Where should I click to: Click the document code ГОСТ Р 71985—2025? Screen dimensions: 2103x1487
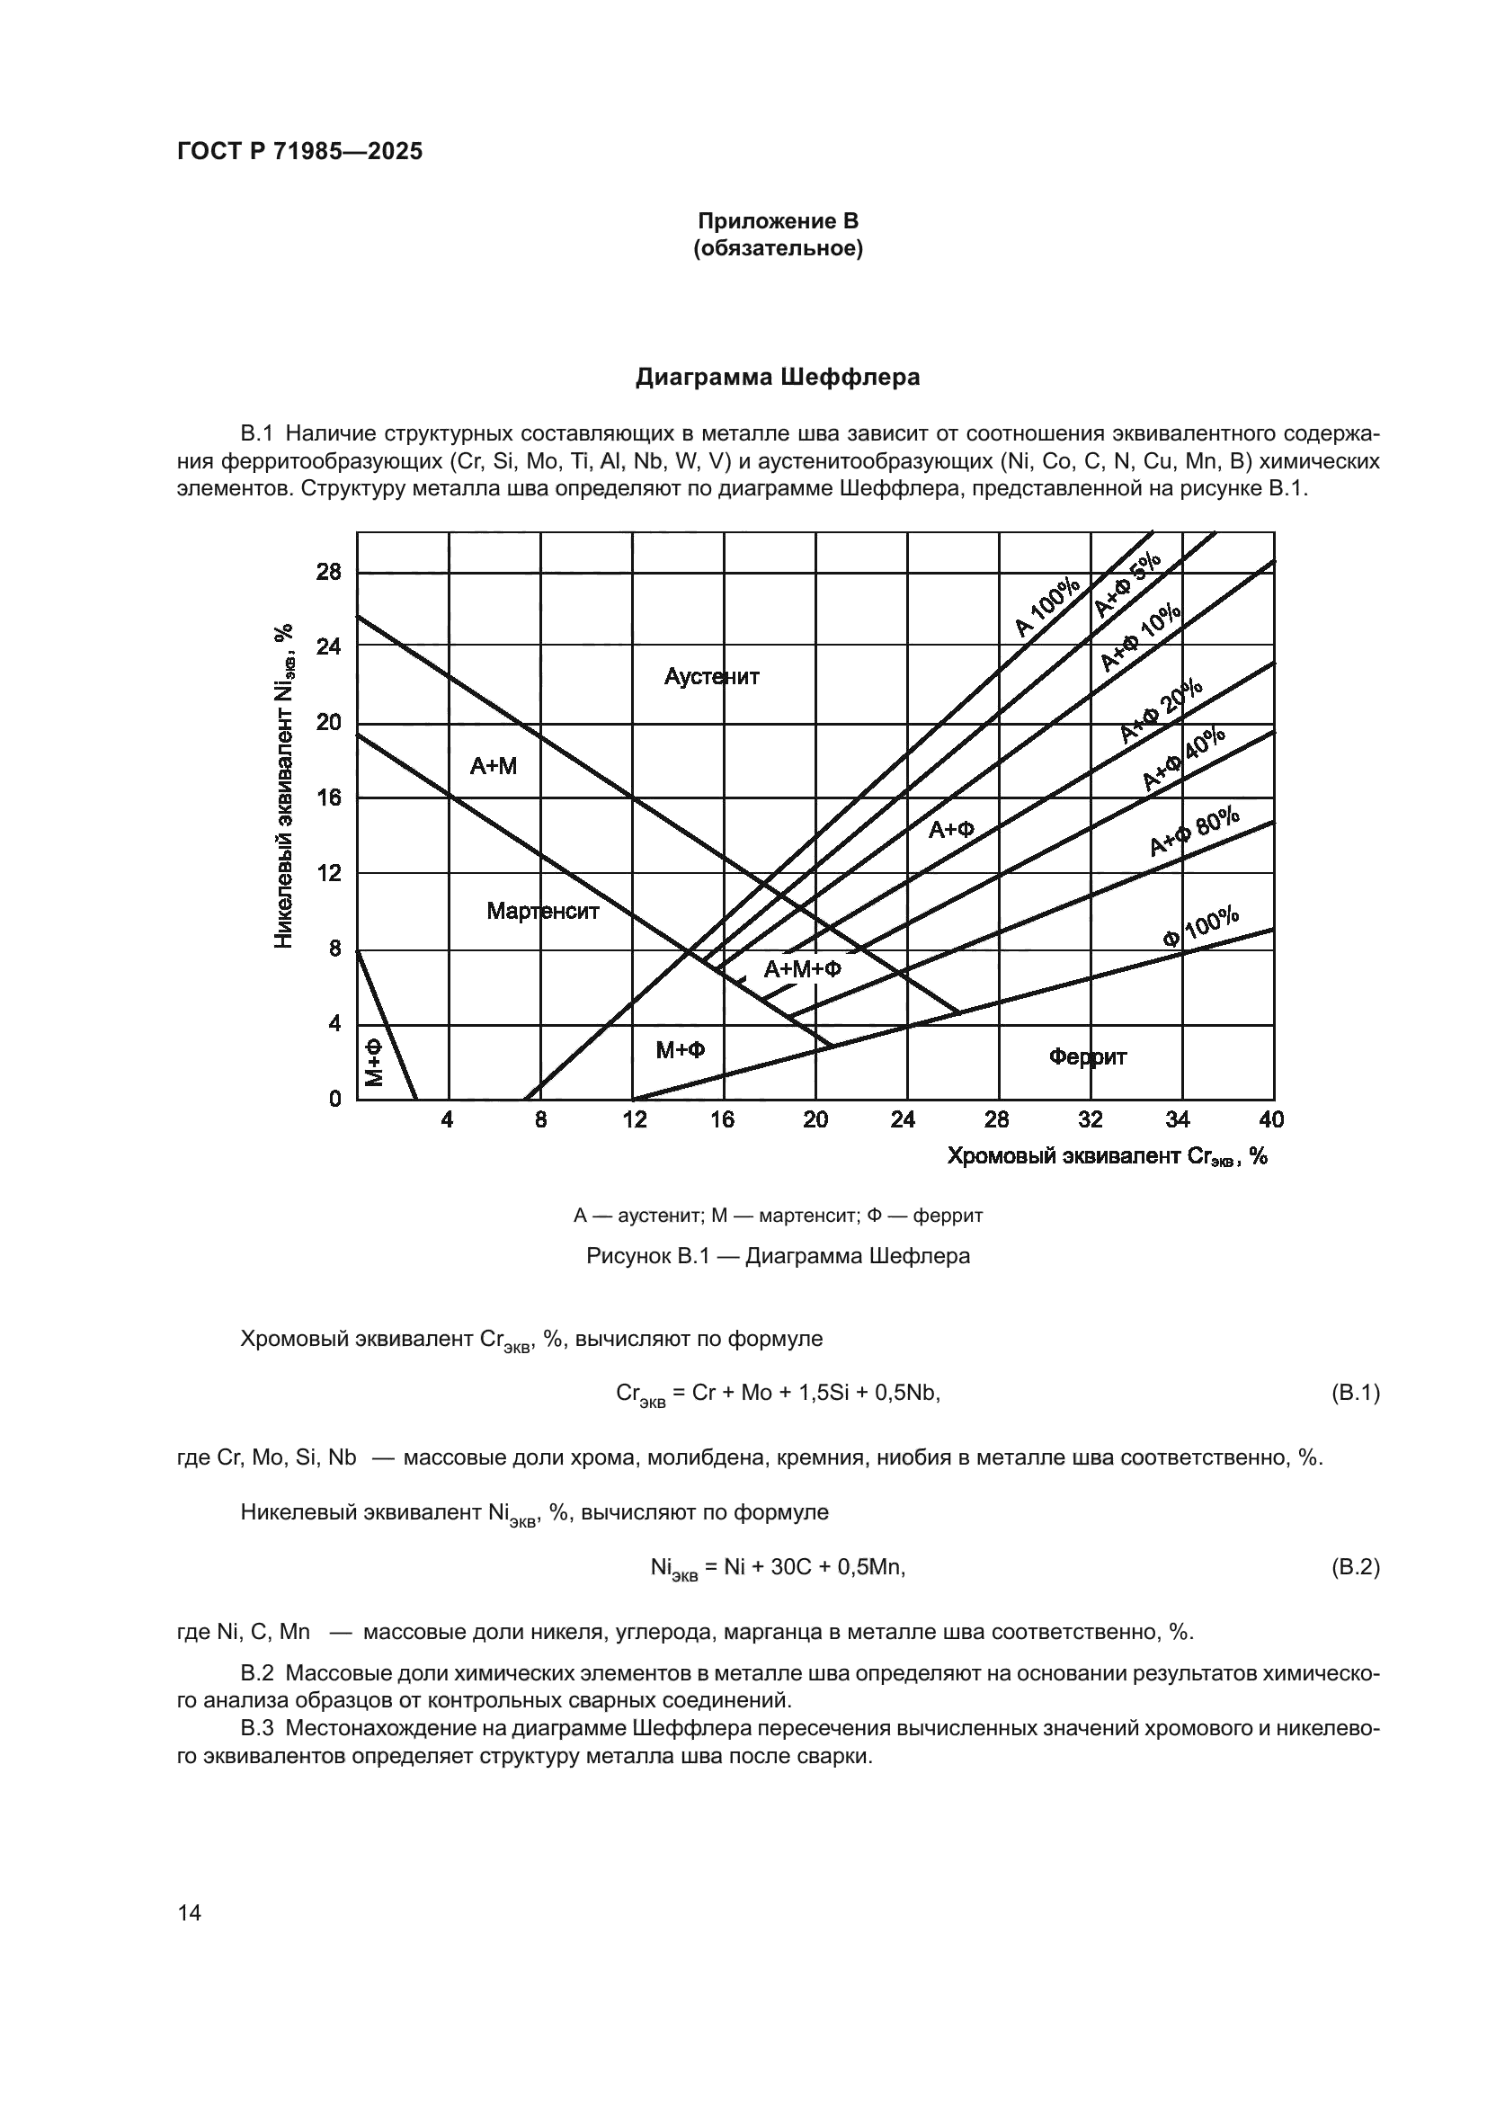(299, 152)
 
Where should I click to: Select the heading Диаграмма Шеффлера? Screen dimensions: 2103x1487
(778, 378)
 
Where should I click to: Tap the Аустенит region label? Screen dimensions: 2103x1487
(711, 677)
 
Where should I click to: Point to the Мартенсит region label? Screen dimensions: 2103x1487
(542, 911)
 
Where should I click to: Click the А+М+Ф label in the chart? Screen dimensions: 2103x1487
(802, 968)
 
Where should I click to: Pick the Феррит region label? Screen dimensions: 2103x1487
(1087, 1057)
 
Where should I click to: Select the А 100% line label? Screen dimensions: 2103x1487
(1047, 608)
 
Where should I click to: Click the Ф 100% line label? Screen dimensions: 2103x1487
(1200, 927)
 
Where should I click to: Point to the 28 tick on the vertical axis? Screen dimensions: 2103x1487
(329, 573)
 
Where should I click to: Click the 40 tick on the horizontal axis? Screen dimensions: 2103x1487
(1272, 1119)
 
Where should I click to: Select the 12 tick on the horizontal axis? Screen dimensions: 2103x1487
(634, 1119)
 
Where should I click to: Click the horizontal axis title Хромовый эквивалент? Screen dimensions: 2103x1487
(1106, 1156)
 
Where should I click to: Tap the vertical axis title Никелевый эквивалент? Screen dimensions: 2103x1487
(284, 786)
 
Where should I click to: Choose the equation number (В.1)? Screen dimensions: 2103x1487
(1354, 1393)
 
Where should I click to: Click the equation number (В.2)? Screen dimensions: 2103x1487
(1354, 1567)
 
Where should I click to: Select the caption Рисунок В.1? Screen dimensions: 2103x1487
(778, 1255)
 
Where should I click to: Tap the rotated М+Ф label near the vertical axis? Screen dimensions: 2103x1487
(375, 1063)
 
